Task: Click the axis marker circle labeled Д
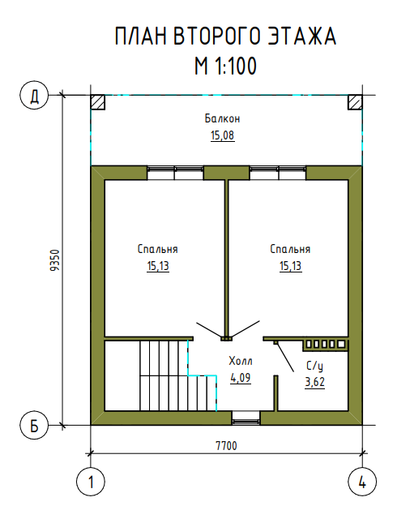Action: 34,95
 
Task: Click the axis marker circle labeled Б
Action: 34,426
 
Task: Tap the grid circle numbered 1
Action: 91,482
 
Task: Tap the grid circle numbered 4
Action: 362,482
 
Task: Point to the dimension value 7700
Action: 226,446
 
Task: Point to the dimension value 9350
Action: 55,260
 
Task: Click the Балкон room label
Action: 222,118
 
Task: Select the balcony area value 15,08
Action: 222,135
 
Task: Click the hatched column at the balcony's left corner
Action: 98,102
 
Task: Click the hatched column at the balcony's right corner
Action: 355,102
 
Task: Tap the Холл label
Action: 241,361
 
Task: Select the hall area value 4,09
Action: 241,378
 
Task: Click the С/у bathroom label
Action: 314,366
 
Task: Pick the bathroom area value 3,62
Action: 315,382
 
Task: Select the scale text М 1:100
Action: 225,66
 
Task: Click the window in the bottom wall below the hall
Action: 246,418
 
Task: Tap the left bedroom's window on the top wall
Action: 175,173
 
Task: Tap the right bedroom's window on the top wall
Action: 278,173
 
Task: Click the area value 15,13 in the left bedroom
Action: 158,266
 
